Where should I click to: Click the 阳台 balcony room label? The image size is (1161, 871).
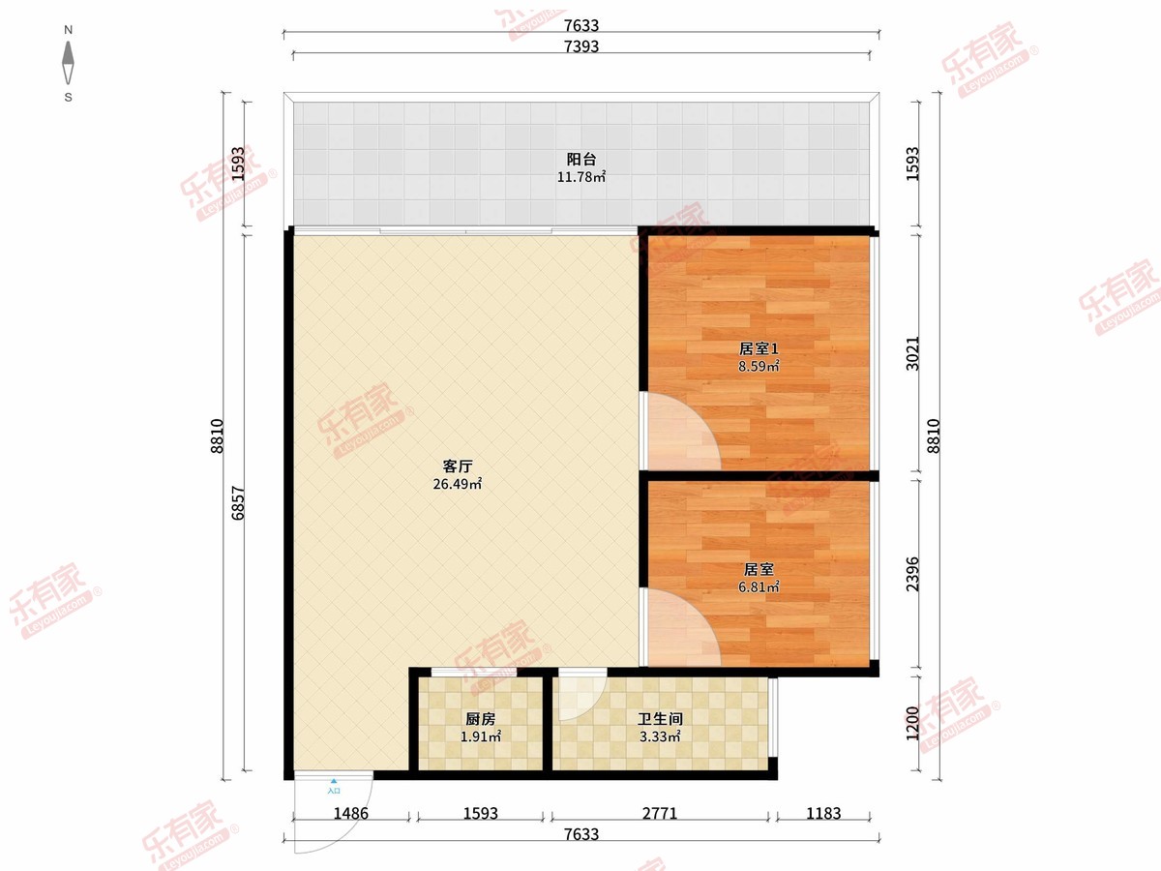581,159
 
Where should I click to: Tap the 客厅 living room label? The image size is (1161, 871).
458,466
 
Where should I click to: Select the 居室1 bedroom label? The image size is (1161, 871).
759,348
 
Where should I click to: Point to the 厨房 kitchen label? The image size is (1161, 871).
480,719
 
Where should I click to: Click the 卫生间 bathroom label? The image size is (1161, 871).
660,719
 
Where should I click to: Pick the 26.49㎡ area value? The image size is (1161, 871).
458,484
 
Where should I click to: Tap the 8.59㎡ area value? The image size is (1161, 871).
759,366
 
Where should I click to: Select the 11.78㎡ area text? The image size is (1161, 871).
581,177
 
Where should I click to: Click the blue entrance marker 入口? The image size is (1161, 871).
334,787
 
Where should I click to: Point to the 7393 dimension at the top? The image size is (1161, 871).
581,46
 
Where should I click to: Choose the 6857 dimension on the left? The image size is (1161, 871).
238,503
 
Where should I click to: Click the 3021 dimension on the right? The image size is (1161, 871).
913,353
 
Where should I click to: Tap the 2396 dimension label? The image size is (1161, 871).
913,574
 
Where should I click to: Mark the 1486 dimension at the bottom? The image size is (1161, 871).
350,813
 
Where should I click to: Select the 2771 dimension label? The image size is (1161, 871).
660,813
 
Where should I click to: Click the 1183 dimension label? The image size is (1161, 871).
823,813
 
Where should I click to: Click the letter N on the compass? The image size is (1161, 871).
69,30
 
